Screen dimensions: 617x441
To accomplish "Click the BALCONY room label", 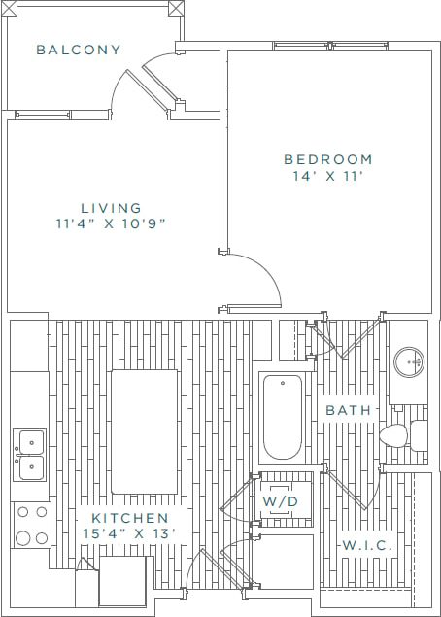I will pyautogui.click(x=79, y=50).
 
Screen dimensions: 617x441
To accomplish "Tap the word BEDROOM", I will pyautogui.click(x=327, y=159).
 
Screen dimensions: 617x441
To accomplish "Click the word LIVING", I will pyautogui.click(x=111, y=207).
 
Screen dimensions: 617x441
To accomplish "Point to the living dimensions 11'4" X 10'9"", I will pyautogui.click(x=111, y=224).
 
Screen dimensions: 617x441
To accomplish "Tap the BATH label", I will pyautogui.click(x=348, y=411).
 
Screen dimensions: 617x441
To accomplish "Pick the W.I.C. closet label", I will pyautogui.click(x=366, y=546).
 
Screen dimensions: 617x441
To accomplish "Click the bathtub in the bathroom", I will pyautogui.click(x=284, y=416).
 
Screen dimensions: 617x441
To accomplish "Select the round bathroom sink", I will pyautogui.click(x=411, y=362).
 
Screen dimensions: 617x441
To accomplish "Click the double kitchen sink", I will pyautogui.click(x=28, y=456).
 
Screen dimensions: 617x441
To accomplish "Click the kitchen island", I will pyautogui.click(x=144, y=431).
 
